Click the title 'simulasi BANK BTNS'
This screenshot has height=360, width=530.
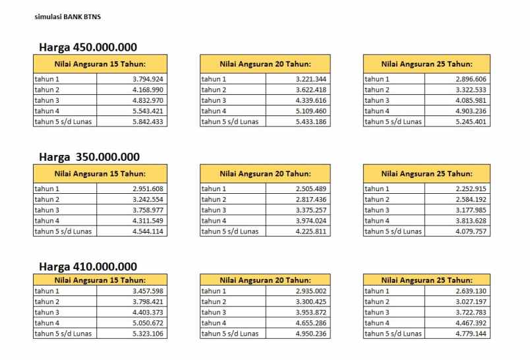tap(63, 16)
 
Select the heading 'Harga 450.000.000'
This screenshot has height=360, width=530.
tap(88, 47)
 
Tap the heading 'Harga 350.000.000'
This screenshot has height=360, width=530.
tap(89, 157)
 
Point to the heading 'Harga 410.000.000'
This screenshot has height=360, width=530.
tap(88, 266)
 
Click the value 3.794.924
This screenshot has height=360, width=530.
tap(148, 79)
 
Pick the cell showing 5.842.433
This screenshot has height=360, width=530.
tap(148, 122)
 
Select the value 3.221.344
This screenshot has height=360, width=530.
tap(312, 79)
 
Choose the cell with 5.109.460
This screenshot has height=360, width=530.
tap(312, 111)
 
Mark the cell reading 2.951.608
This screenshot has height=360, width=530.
tap(148, 189)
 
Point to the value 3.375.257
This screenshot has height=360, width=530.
tap(312, 210)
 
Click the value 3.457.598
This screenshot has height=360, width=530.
tap(148, 291)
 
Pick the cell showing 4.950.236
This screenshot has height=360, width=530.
tap(312, 334)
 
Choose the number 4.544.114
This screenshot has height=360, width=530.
tap(148, 231)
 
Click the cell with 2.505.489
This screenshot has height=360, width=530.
tap(312, 189)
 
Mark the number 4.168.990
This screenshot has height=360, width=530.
tap(148, 90)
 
